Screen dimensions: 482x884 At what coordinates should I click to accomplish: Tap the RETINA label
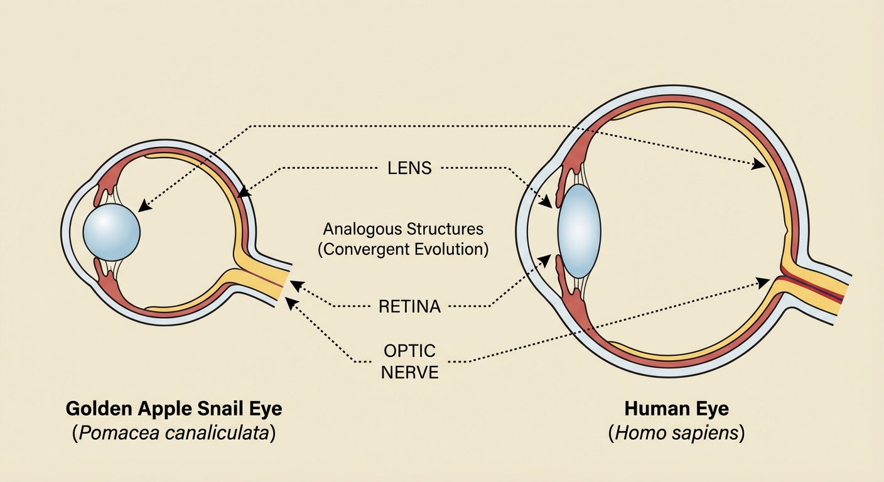pyautogui.click(x=410, y=307)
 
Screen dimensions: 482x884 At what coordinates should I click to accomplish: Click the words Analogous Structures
pyautogui.click(x=403, y=228)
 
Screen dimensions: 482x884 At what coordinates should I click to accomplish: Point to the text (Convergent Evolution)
pyautogui.click(x=403, y=249)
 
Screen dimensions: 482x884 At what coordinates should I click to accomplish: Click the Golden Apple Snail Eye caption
pyautogui.click(x=174, y=409)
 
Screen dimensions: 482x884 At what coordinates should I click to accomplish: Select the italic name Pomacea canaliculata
pyautogui.click(x=174, y=434)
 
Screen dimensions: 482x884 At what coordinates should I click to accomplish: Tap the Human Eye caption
pyautogui.click(x=677, y=409)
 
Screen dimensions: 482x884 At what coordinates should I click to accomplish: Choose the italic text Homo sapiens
pyautogui.click(x=677, y=434)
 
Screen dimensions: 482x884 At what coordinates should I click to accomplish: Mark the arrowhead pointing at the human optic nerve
pyautogui.click(x=764, y=282)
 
